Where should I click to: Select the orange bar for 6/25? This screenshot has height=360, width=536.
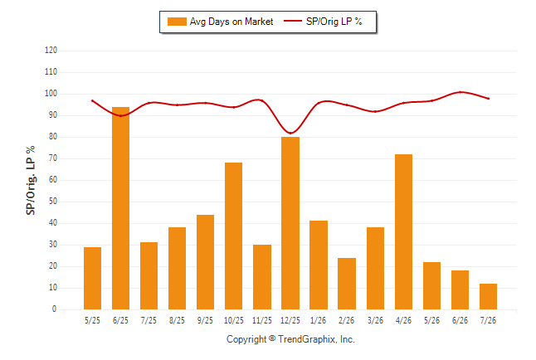coord(120,208)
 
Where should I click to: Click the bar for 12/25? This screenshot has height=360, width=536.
coord(290,223)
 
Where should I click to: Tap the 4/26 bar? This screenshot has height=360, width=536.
coord(403,231)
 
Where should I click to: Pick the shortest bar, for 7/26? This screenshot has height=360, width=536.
coord(488,296)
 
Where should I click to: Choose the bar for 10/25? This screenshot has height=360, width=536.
coord(233,236)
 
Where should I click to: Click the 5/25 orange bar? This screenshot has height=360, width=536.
coord(92,278)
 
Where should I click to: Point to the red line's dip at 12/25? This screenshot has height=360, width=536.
coord(290,133)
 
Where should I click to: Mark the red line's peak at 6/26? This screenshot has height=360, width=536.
coord(460,92)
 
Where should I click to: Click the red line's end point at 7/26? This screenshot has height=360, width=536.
coord(489,99)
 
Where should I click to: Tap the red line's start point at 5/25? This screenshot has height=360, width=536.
coord(92,101)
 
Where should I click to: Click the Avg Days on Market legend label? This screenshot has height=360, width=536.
coord(231,22)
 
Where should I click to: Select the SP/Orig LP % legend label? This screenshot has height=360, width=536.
coord(334,22)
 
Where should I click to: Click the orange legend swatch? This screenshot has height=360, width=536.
coord(177,22)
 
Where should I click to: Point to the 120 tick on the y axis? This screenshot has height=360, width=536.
coord(51,51)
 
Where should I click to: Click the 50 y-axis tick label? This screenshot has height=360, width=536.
coord(53,202)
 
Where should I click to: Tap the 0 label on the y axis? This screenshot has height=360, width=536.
coord(55,309)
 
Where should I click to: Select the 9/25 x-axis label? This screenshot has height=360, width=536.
coord(205,320)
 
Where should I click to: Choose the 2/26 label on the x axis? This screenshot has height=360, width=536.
coord(346,320)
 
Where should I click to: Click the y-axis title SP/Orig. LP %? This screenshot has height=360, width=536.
coord(31,181)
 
